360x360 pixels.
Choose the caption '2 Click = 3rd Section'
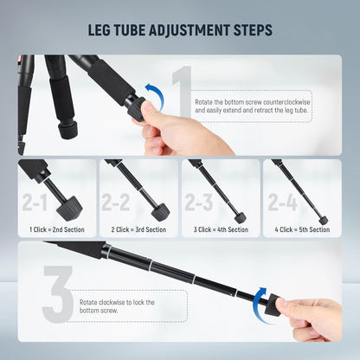138,229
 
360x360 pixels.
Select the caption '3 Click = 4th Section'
220,229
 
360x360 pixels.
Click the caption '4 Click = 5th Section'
301,229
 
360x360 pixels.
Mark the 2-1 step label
35,202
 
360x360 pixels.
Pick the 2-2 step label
116,202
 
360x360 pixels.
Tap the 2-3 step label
198,202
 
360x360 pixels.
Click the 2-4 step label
281,202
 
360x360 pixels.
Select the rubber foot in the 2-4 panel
323,220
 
